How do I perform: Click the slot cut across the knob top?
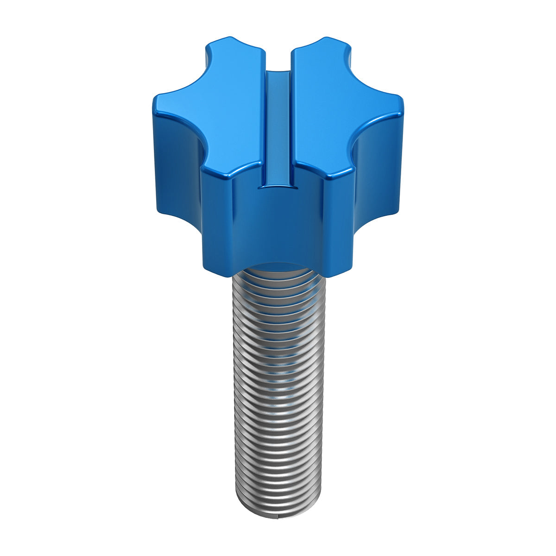(x=278, y=130)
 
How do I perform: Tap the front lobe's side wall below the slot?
(x=278, y=227)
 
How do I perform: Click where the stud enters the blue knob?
(x=278, y=269)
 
